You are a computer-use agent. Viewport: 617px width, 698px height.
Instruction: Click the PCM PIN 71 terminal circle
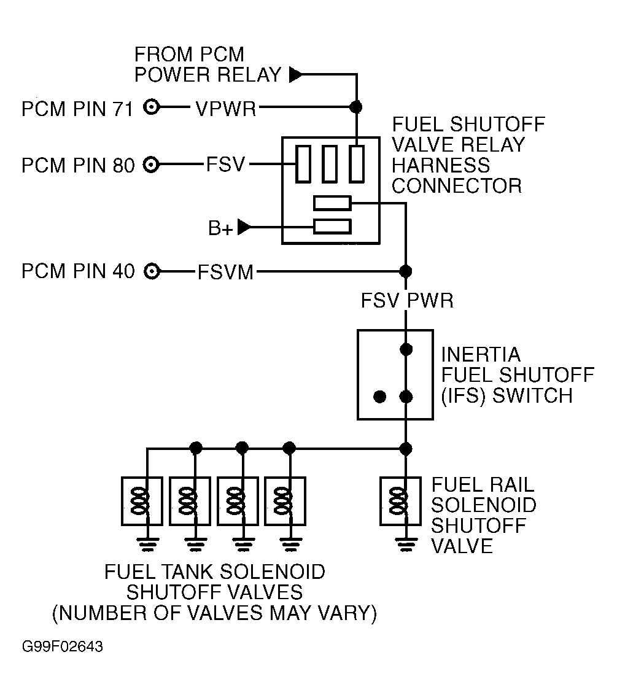[x=152, y=107]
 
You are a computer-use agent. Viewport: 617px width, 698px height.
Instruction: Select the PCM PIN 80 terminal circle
[x=152, y=165]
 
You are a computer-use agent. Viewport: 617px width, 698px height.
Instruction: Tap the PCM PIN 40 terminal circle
[x=152, y=271]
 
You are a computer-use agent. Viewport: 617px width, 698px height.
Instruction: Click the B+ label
[x=220, y=228]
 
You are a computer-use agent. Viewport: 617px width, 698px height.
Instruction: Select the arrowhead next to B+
[x=244, y=227]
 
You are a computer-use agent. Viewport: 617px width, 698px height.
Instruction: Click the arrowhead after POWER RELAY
[x=295, y=74]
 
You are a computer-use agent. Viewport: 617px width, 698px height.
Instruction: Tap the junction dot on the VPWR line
[x=355, y=107]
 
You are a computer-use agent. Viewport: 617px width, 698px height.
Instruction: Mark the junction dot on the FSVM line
[x=406, y=271]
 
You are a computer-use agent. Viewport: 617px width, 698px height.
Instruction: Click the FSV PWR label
[x=407, y=301]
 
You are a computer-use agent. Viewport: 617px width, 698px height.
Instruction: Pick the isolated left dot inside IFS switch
[x=380, y=397]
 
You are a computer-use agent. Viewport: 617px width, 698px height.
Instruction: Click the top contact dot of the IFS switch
[x=406, y=349]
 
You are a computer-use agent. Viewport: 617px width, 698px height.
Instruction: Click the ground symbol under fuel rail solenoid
[x=406, y=545]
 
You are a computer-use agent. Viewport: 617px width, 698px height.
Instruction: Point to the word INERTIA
[x=481, y=355]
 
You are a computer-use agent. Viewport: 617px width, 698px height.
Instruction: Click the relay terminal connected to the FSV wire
[x=303, y=164]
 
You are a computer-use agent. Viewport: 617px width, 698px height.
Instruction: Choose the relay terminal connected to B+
[x=333, y=227]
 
